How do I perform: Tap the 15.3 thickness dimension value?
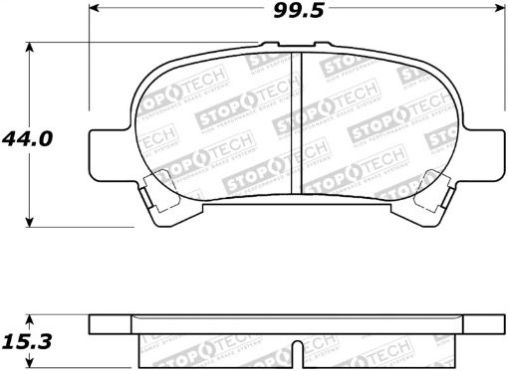pyautogui.click(x=23, y=338)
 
